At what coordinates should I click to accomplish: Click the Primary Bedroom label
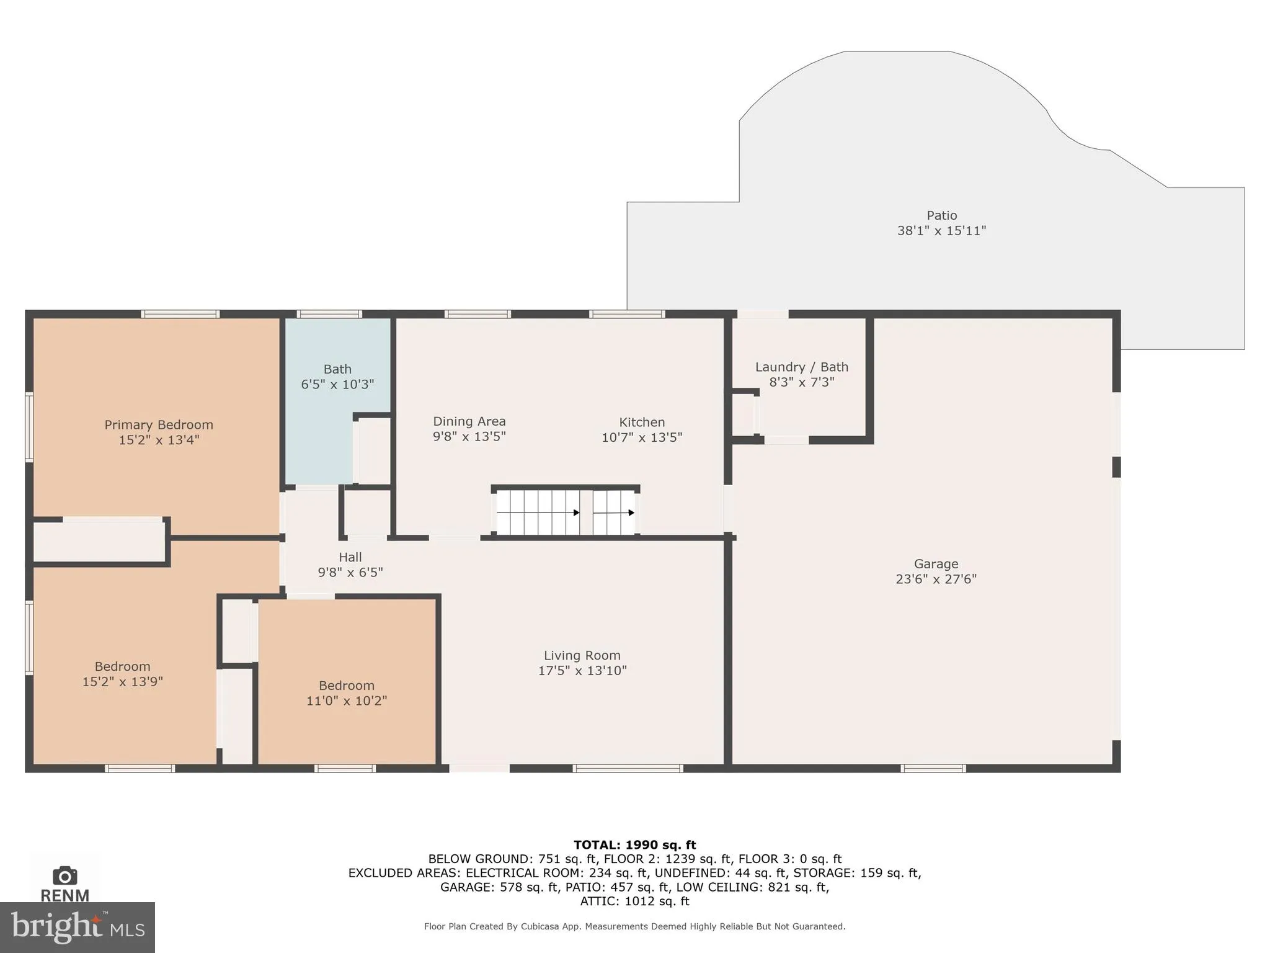click(159, 425)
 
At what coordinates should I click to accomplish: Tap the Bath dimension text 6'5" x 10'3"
click(337, 384)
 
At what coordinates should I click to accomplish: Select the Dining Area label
click(469, 421)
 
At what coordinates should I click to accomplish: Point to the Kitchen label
click(642, 423)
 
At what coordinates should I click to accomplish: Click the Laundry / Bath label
click(801, 367)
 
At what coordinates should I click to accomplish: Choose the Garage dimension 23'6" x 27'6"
click(936, 579)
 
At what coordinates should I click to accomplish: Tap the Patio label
click(941, 215)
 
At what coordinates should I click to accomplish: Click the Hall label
click(350, 557)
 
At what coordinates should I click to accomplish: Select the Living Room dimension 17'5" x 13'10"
click(582, 670)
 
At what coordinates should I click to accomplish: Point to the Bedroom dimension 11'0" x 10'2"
click(346, 700)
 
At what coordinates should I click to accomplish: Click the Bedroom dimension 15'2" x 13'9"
click(122, 681)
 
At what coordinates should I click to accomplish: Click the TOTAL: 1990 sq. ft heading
click(634, 844)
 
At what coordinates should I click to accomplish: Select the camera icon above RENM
click(64, 876)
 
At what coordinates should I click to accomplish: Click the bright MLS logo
click(77, 927)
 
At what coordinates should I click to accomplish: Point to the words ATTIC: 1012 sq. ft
click(634, 901)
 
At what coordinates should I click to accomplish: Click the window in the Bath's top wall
click(329, 314)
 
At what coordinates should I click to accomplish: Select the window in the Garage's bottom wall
click(933, 768)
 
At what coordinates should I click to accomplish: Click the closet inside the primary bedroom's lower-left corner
click(99, 541)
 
